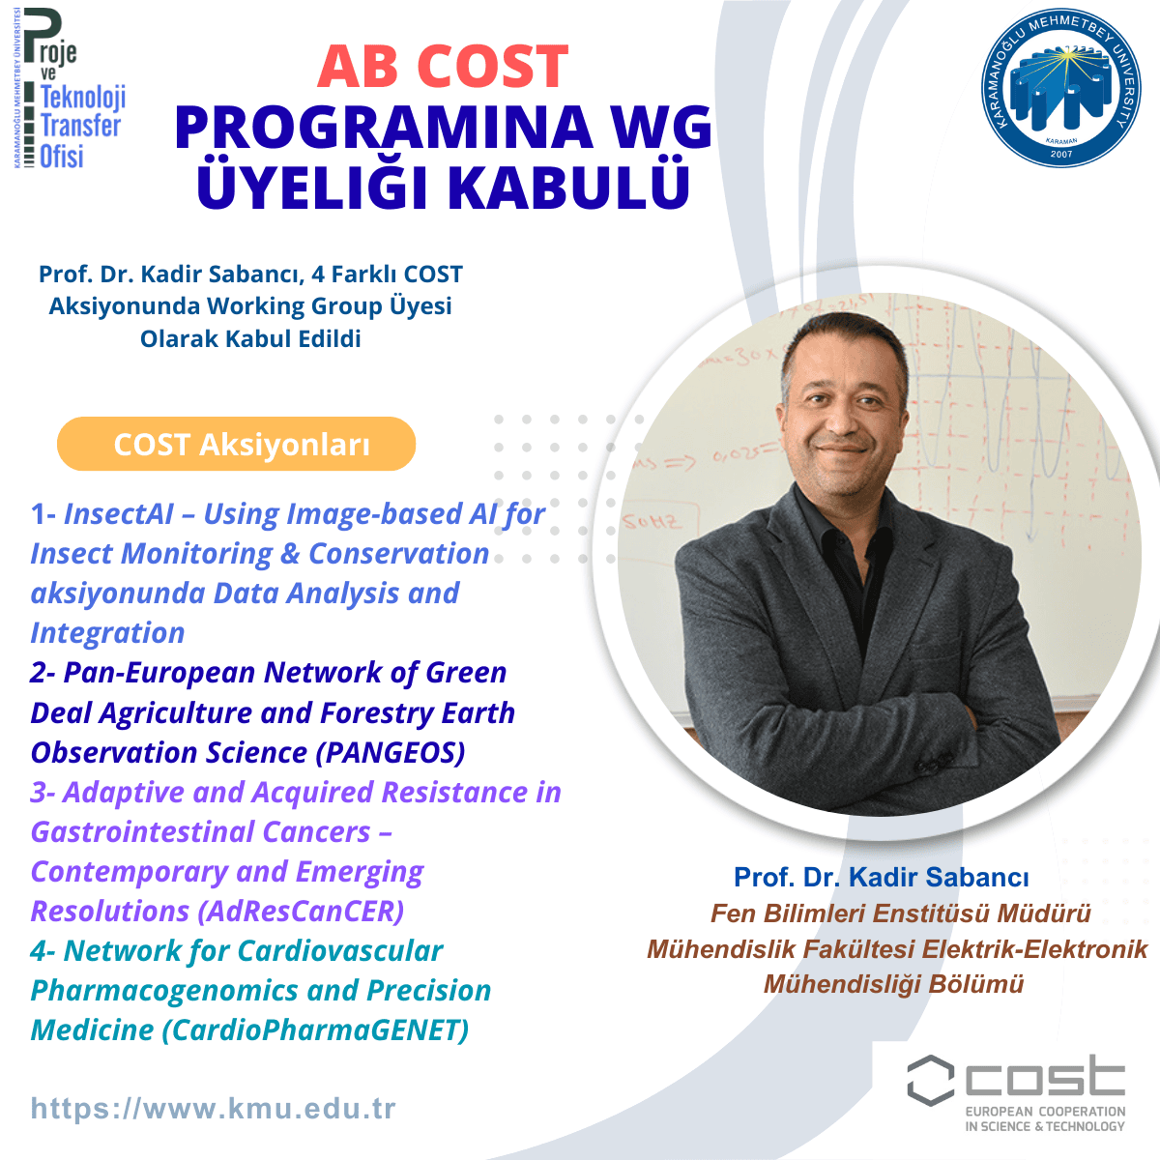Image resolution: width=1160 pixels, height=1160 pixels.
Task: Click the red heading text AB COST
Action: point(443,67)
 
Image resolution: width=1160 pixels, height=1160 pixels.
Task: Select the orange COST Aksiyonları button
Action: point(237,444)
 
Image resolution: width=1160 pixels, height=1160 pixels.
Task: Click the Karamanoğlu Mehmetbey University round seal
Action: point(1060,88)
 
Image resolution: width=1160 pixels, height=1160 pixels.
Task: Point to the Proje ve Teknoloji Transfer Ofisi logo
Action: point(71,89)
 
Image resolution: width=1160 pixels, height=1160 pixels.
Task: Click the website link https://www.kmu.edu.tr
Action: point(213,1108)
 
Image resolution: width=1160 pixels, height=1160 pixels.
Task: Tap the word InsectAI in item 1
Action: point(119,514)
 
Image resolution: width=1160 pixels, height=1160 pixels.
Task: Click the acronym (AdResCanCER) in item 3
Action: point(301,911)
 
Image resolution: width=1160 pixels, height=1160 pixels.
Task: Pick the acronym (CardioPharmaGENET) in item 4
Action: point(315,1029)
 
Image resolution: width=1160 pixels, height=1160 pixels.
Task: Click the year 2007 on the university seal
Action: point(1061,154)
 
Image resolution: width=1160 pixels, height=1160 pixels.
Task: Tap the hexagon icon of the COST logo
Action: point(931,1080)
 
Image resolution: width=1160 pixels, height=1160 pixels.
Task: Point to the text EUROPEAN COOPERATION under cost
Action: point(1046,1112)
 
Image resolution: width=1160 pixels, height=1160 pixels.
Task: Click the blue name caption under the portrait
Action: point(882,877)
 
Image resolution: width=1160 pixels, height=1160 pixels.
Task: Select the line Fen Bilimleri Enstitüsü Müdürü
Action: point(901,913)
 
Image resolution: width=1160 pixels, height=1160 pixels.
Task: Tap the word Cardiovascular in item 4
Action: point(340,951)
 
